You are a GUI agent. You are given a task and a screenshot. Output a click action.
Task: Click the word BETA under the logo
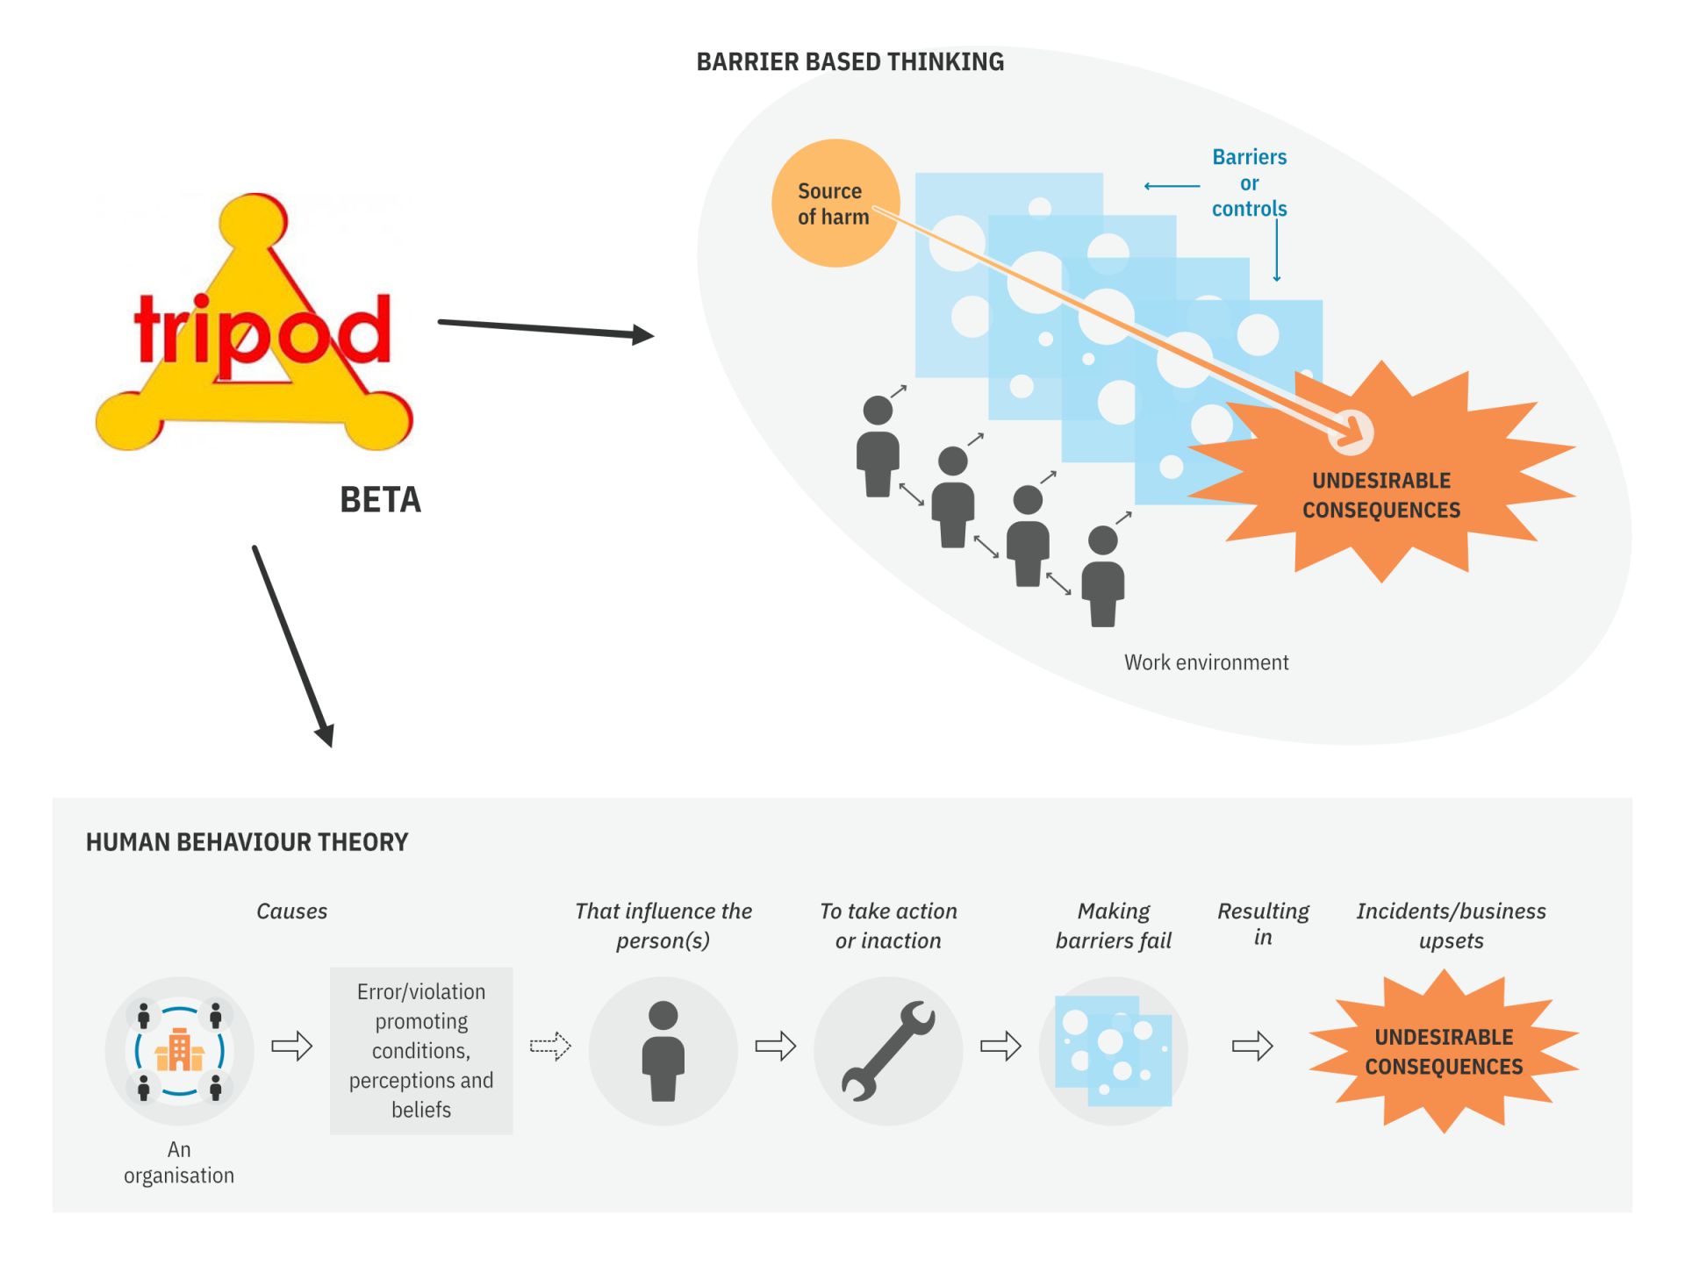point(380,500)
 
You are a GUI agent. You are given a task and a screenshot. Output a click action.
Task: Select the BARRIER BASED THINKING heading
point(850,62)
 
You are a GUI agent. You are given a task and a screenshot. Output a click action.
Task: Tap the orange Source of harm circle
point(834,204)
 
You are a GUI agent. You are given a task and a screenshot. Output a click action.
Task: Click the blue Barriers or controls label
point(1249,182)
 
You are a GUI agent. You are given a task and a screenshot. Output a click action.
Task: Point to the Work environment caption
point(1206,662)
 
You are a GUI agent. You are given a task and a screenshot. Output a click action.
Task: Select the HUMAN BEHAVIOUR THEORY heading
point(247,842)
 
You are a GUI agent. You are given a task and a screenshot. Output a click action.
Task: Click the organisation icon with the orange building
point(179,1050)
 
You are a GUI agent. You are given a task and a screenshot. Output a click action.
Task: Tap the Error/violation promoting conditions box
point(421,1050)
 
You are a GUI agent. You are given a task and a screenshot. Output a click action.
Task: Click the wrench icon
point(888,1050)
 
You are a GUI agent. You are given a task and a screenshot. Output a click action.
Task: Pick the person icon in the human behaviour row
point(663,1050)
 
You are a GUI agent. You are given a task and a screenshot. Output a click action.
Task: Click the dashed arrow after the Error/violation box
point(550,1046)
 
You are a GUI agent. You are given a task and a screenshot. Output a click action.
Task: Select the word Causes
point(291,911)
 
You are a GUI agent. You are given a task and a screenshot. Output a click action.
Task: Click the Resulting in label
point(1263,924)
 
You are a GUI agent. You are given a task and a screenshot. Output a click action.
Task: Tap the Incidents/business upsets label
point(1451,926)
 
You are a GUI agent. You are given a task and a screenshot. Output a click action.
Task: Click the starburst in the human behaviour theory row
point(1444,1051)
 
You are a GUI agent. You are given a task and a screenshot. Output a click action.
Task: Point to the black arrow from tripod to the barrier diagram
point(545,329)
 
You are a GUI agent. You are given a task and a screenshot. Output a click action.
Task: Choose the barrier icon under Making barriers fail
point(1113,1050)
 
